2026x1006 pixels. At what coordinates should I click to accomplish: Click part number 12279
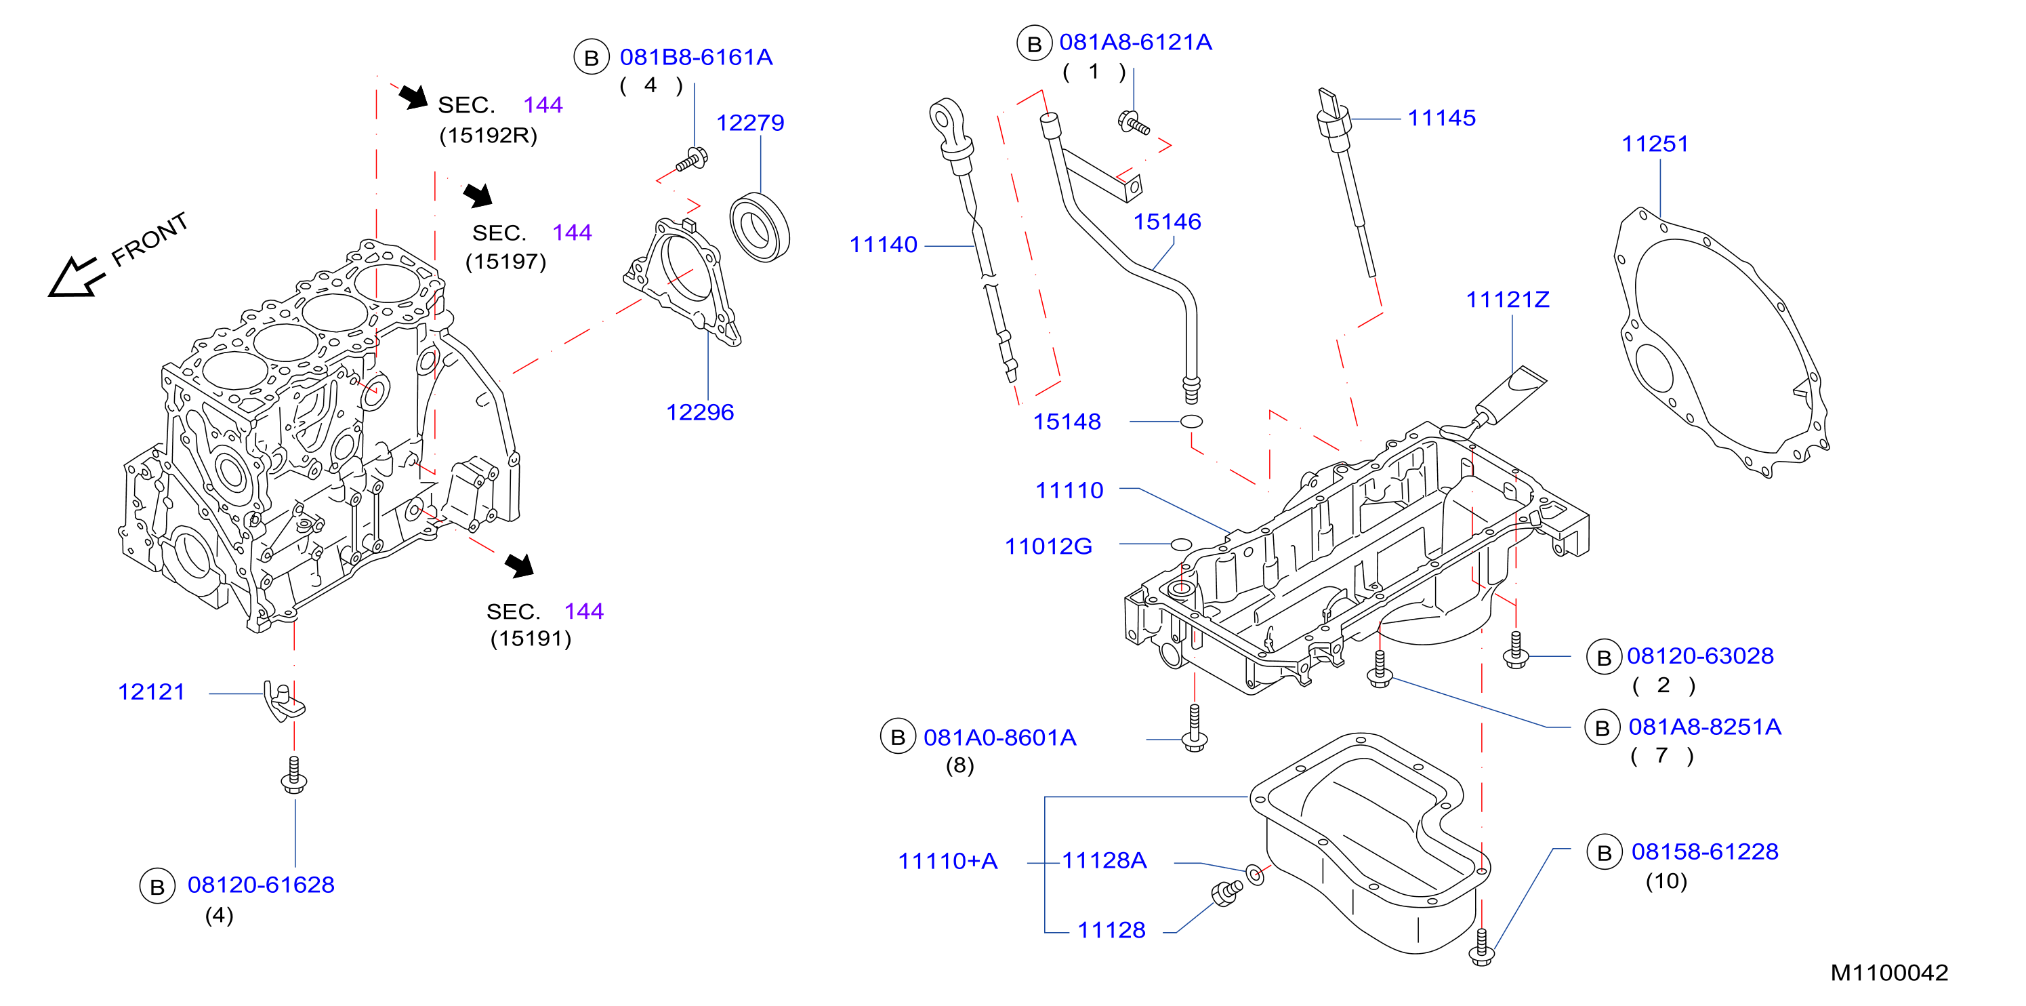point(749,123)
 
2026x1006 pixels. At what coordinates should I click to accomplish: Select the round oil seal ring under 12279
point(759,227)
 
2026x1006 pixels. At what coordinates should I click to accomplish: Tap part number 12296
point(700,412)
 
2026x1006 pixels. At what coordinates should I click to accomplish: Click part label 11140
point(883,245)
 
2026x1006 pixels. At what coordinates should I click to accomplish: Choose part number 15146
point(1167,222)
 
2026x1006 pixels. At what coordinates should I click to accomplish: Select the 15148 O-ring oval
point(1191,422)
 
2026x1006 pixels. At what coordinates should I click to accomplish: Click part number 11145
point(1442,118)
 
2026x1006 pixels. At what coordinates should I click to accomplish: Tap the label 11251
point(1655,144)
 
